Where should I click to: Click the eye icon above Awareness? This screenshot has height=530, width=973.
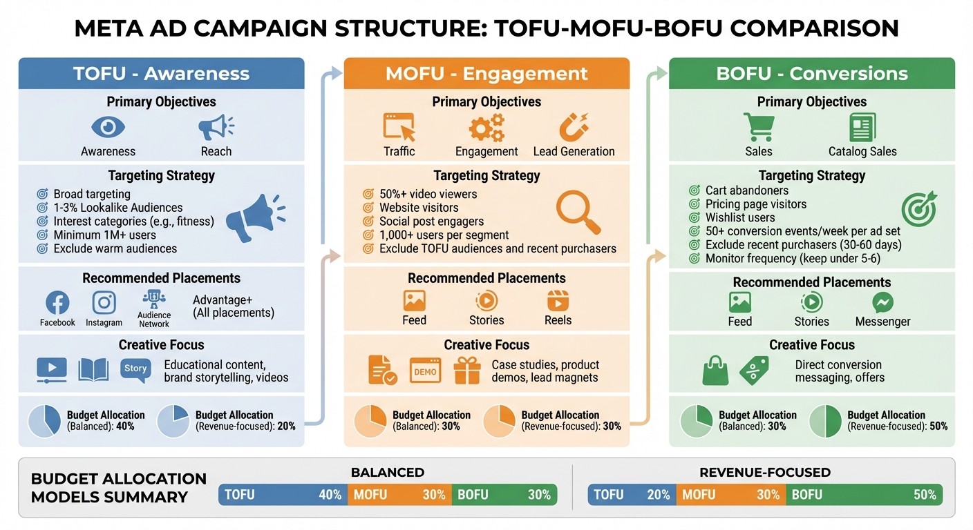click(x=108, y=127)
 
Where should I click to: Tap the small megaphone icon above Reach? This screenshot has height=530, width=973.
click(x=216, y=127)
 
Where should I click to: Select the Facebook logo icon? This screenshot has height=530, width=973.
click(x=57, y=302)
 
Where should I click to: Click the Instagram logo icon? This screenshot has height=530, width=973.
click(x=104, y=302)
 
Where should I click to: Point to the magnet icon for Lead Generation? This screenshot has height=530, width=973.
click(x=573, y=128)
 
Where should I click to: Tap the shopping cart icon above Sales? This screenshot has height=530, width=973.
click(x=758, y=128)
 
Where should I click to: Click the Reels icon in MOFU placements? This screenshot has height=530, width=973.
click(x=558, y=301)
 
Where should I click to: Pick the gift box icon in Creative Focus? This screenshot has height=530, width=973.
click(x=467, y=371)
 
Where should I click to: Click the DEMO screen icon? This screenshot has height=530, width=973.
click(x=425, y=371)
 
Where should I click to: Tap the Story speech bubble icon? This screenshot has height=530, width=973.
click(x=135, y=369)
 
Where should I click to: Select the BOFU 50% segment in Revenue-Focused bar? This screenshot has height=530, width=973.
click(x=864, y=495)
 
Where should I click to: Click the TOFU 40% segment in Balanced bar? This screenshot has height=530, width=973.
click(x=283, y=495)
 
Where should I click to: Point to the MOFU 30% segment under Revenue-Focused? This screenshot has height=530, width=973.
click(x=730, y=495)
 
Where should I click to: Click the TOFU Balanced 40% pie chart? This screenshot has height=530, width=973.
click(x=44, y=421)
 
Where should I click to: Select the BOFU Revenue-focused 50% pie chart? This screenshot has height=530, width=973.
click(x=825, y=421)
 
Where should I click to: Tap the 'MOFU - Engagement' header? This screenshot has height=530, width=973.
click(x=486, y=73)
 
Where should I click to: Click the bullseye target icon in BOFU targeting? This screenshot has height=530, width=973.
click(x=919, y=208)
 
